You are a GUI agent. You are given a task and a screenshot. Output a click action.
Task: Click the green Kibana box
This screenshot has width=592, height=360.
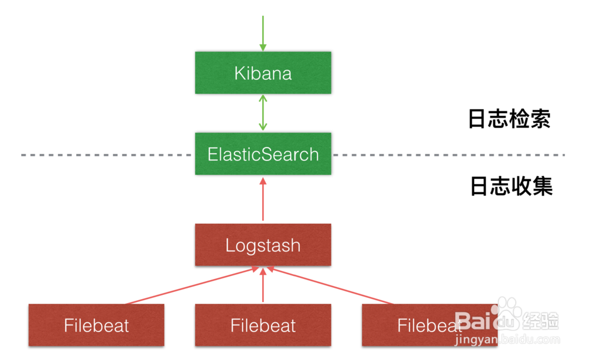263,73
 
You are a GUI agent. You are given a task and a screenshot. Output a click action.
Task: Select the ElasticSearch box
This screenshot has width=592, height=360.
263,154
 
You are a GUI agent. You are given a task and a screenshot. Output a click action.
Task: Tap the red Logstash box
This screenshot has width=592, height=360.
263,245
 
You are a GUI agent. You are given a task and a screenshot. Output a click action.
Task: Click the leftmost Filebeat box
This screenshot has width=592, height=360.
96,325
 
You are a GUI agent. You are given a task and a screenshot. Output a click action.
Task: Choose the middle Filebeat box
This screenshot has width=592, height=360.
263,325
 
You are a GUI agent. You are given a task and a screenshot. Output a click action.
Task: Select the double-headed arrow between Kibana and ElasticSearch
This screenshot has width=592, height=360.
263,113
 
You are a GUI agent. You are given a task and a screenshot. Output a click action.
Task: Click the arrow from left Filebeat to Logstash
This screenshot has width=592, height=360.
189,287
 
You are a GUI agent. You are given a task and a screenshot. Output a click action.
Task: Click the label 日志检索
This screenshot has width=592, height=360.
509,119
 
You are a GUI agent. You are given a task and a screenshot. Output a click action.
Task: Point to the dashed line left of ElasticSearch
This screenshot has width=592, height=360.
107,155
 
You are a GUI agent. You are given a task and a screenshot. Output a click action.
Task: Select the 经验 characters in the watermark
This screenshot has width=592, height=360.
542,322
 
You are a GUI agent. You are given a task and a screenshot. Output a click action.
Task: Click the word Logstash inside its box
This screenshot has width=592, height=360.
263,245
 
